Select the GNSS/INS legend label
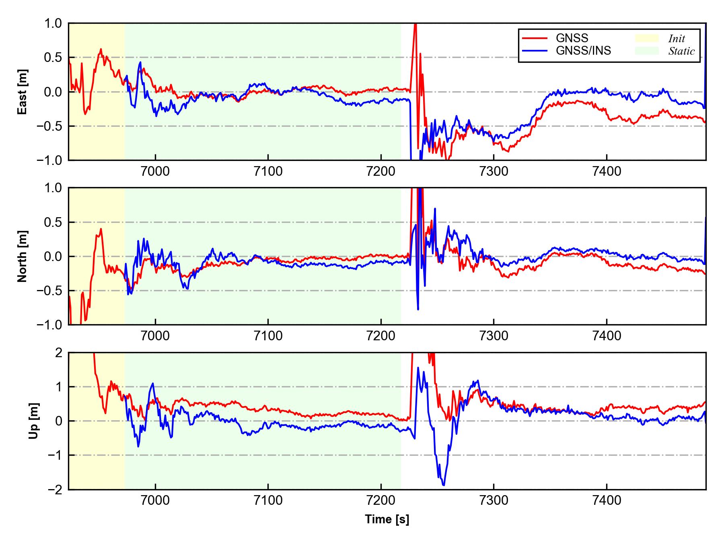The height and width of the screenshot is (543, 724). [583, 51]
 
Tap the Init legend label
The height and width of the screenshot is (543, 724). [677, 39]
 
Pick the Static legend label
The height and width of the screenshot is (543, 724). [681, 51]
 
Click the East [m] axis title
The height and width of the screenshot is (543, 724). [23, 92]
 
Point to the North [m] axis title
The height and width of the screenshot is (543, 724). [23, 256]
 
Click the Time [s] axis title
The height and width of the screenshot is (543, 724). [387, 520]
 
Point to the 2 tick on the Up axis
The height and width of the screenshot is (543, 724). [59, 353]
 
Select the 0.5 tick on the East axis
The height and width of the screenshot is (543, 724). [53, 58]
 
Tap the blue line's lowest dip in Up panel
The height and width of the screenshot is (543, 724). [443, 485]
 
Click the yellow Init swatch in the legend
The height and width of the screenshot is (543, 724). [647, 38]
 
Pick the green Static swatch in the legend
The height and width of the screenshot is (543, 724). [647, 51]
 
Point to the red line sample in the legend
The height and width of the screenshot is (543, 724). [535, 38]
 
